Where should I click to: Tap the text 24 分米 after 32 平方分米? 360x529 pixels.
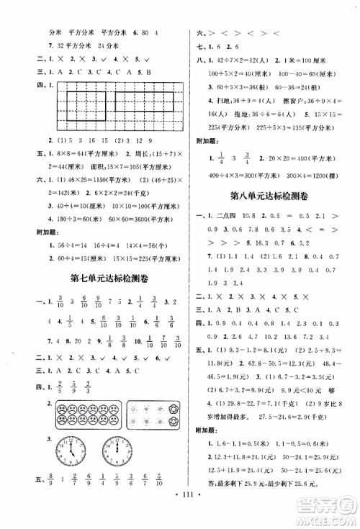108,45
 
